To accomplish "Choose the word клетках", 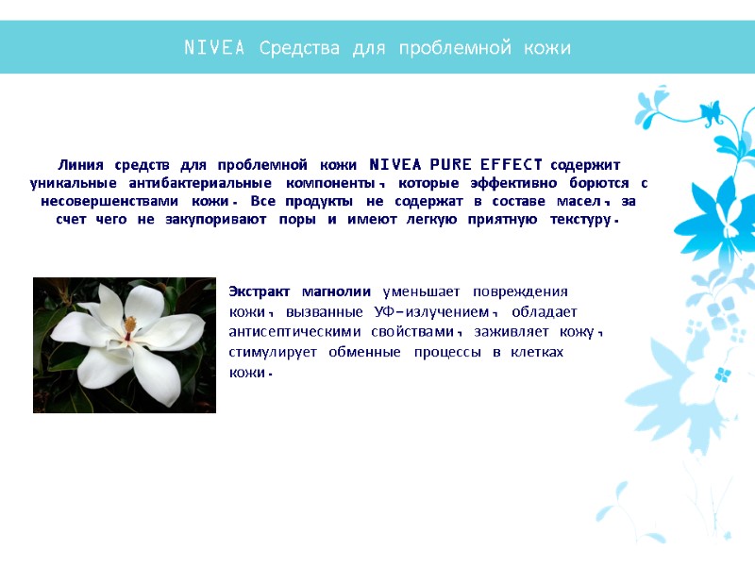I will (536, 352).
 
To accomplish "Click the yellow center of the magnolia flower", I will (129, 327).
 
